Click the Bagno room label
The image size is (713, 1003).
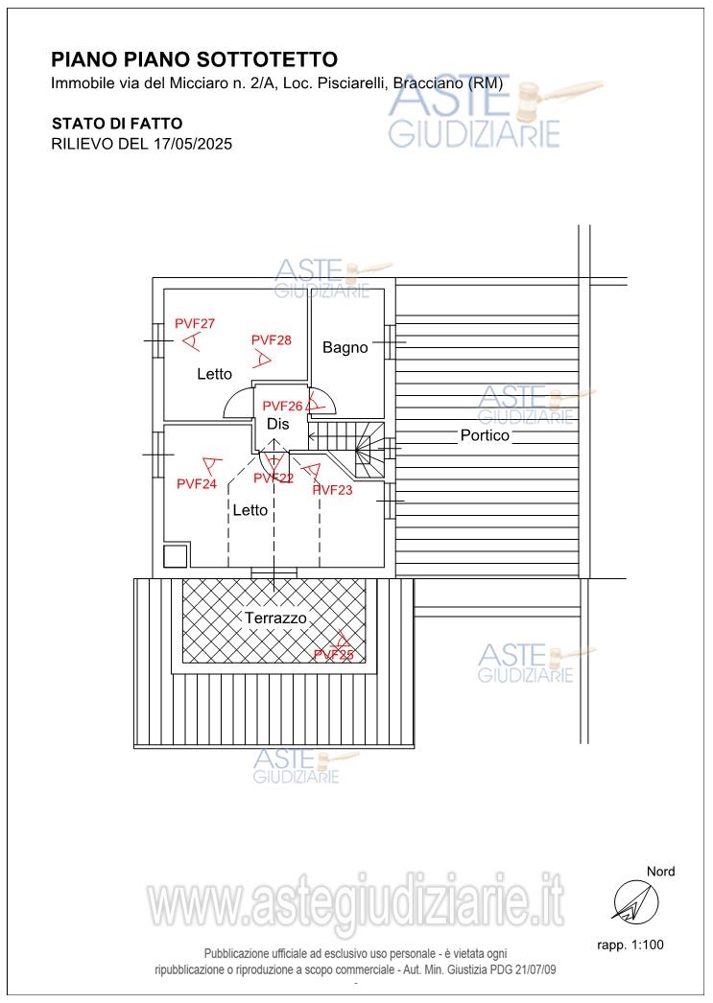[x=345, y=347]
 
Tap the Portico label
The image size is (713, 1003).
[x=486, y=435]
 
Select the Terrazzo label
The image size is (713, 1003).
[x=275, y=618]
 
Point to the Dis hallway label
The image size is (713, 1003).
[x=277, y=424]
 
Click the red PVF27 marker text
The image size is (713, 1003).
[x=195, y=324]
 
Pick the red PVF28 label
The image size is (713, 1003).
[x=272, y=340]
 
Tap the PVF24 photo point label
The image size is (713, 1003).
[x=197, y=483]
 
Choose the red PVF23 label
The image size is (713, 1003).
[x=332, y=490]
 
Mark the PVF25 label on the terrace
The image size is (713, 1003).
[x=333, y=654]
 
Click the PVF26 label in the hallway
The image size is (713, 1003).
[x=282, y=407]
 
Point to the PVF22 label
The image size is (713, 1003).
[x=273, y=478]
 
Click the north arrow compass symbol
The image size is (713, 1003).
[x=635, y=903]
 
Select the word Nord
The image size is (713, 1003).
[x=660, y=872]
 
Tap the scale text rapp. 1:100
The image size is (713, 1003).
[x=630, y=945]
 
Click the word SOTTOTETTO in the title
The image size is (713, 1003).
[x=268, y=59]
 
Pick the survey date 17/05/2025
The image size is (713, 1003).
[x=192, y=143]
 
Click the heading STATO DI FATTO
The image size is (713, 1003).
[x=117, y=124]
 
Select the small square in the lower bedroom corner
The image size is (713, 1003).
[x=175, y=556]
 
